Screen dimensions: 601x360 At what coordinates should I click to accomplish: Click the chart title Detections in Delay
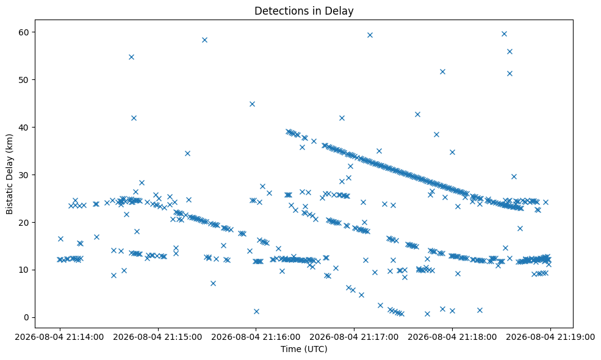point(304,11)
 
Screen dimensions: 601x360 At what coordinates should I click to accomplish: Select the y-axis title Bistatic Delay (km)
point(9,174)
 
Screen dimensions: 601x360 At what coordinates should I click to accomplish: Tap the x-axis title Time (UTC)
point(304,349)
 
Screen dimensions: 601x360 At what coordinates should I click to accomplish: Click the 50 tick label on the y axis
point(24,80)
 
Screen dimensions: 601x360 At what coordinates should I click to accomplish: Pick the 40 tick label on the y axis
point(24,128)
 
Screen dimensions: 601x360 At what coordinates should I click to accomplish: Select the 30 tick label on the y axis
point(24,175)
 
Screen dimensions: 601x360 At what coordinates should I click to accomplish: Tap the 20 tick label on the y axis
point(24,222)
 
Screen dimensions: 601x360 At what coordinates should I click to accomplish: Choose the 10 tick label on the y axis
point(24,270)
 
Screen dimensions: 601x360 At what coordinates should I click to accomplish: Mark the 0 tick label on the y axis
point(26,317)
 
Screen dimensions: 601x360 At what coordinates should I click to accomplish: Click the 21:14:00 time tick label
point(59,337)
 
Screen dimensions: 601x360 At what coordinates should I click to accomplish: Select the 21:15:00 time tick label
point(157,337)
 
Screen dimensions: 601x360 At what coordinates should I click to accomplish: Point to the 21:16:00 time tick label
point(256,337)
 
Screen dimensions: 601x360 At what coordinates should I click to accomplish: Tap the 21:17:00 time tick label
point(354,337)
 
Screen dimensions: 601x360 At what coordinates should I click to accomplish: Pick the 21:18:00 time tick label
point(452,337)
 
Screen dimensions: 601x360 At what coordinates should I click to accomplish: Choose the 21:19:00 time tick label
point(550,337)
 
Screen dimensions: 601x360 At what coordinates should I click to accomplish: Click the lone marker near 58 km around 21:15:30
point(204,40)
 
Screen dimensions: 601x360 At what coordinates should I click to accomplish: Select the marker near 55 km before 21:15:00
point(131,57)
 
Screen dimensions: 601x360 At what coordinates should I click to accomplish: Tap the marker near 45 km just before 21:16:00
point(252,104)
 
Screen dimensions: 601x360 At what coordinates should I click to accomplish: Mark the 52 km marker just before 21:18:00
point(443,71)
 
